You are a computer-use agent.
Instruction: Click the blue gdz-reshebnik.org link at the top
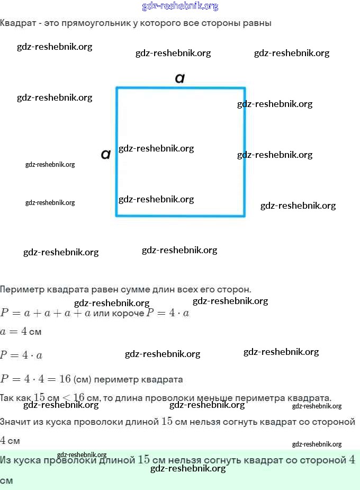point(180,6)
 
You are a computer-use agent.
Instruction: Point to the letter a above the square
point(180,78)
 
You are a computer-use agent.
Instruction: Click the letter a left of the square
point(106,154)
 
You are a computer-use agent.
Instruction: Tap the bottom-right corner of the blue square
point(244,215)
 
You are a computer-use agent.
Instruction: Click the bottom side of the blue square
point(180,215)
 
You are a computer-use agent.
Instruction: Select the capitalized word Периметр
point(21,290)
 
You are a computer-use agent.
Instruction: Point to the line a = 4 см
point(21,332)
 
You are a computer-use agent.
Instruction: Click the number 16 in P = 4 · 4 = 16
point(65,379)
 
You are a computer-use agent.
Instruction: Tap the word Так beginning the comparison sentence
point(8,398)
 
